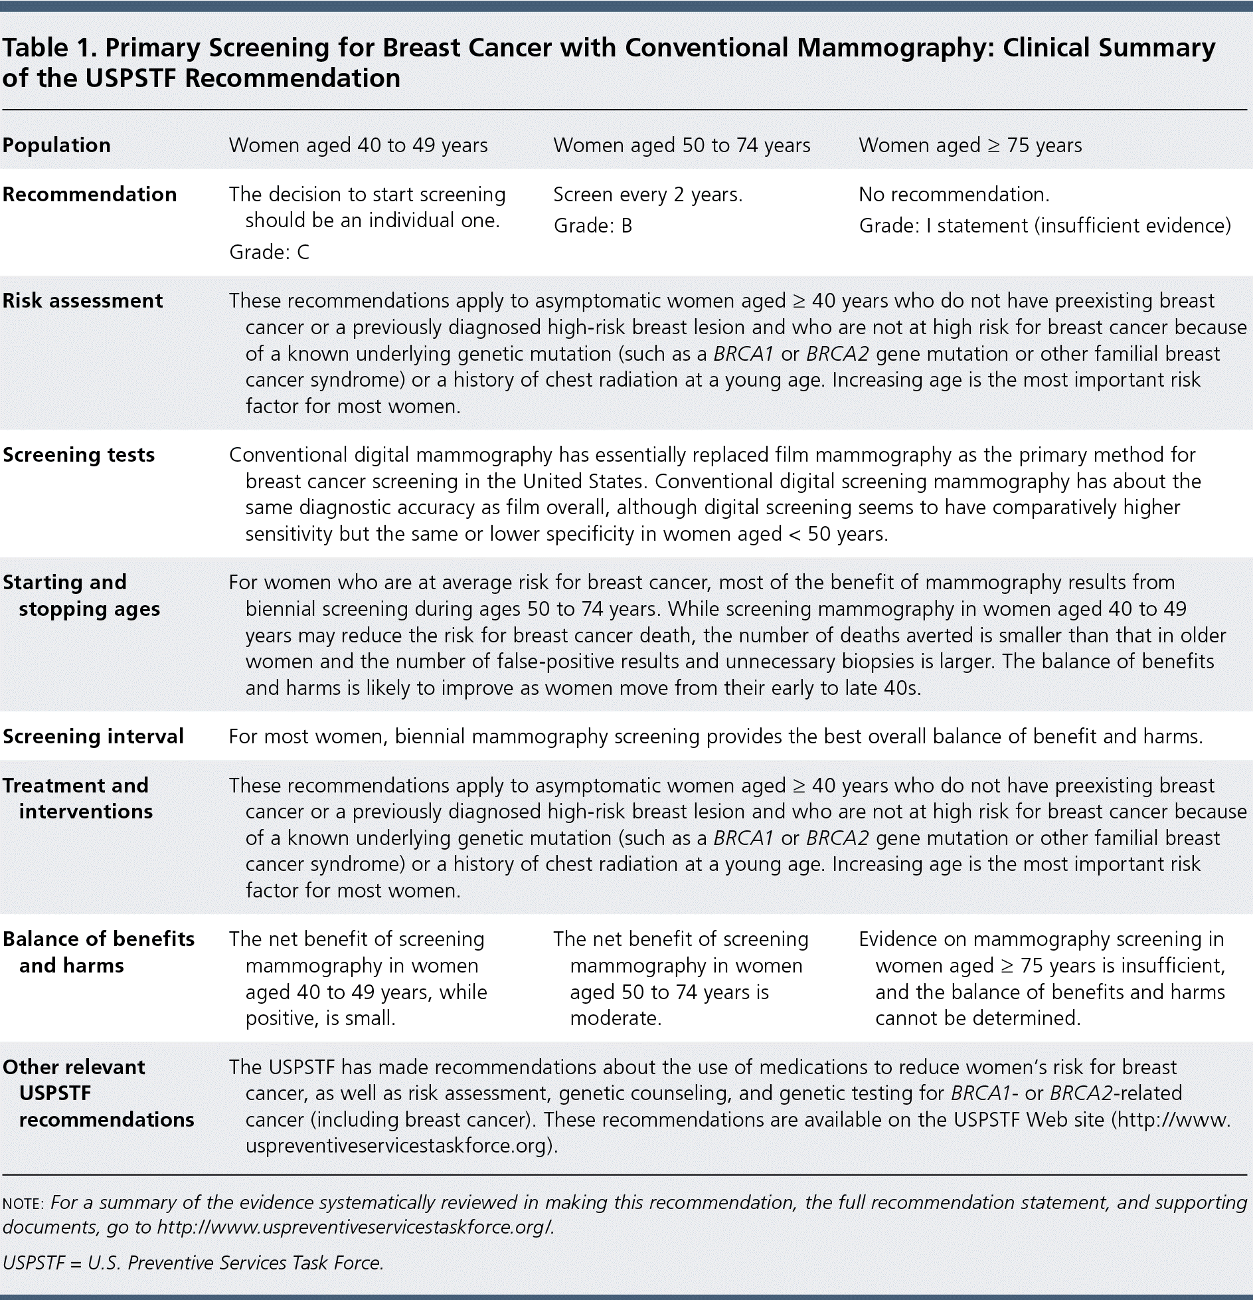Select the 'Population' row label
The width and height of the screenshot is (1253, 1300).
[x=56, y=145]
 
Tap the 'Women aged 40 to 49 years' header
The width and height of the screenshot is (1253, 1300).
[x=358, y=145]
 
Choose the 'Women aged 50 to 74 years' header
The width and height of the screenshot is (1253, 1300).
[x=681, y=145]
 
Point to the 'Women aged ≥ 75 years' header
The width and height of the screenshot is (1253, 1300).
[x=969, y=145]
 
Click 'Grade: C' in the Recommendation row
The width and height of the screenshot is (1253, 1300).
[x=269, y=252]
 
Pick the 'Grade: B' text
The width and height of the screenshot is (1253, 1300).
[x=592, y=226]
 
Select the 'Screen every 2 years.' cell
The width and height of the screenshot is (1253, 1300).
[x=647, y=195]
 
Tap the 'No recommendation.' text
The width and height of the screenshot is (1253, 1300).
[x=954, y=195]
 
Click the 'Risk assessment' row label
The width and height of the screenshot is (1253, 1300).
[x=82, y=301]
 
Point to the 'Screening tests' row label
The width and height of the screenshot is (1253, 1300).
[x=78, y=455]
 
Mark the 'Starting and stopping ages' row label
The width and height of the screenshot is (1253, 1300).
[x=81, y=596]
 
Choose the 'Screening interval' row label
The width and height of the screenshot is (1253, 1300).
[x=93, y=737]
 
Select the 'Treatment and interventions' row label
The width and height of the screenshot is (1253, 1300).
[x=77, y=798]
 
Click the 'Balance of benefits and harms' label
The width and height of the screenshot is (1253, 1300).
[x=98, y=953]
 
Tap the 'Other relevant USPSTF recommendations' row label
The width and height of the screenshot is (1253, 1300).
[x=98, y=1093]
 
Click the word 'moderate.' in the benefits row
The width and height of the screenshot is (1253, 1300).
[x=616, y=1018]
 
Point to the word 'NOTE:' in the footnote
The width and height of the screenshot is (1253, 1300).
[x=23, y=1204]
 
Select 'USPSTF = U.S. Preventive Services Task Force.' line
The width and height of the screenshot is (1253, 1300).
[x=193, y=1263]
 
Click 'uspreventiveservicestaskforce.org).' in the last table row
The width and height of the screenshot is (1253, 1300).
[x=401, y=1146]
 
